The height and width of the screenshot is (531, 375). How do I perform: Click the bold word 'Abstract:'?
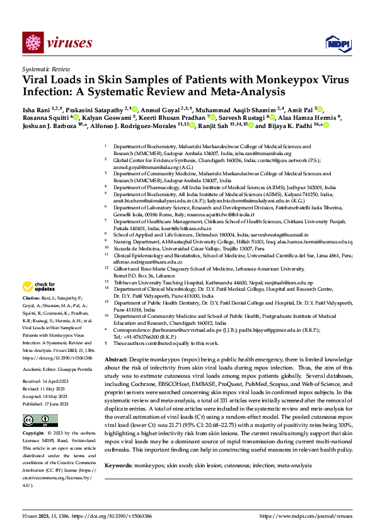117,356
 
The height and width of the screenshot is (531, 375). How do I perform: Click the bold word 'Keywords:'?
119,465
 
